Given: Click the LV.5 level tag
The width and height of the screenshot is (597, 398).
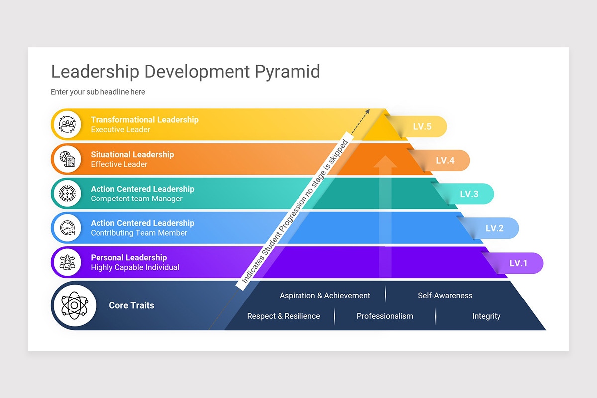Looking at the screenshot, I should [x=422, y=127].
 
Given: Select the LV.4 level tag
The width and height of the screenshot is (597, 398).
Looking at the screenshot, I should [x=445, y=161].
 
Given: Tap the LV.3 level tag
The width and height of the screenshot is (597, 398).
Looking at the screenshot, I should [x=469, y=194].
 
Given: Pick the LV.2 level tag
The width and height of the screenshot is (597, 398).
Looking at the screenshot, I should [x=495, y=228].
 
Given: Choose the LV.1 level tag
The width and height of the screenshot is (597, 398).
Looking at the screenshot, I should [x=518, y=263].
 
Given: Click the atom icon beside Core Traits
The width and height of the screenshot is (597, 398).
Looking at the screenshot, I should [x=74, y=305].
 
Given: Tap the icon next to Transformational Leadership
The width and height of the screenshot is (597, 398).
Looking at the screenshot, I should [x=67, y=124].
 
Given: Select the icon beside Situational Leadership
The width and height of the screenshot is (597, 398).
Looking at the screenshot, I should [x=67, y=159].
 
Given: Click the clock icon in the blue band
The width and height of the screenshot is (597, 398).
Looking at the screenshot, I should [x=67, y=228].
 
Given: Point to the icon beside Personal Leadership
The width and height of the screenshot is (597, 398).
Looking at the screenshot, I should [x=67, y=262].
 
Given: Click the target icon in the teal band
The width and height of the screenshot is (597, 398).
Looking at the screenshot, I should [x=67, y=194].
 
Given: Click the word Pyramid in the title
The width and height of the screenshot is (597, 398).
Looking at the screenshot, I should [x=288, y=72].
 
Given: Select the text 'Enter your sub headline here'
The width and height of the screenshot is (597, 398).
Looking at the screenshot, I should [x=98, y=92].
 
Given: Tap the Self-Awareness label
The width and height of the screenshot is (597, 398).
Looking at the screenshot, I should [x=445, y=296].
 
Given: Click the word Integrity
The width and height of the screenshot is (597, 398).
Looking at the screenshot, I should [x=486, y=316].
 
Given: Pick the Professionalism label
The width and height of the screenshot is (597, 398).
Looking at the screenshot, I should [x=385, y=316].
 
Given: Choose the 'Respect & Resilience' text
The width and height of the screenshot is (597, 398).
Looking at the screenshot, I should [x=284, y=316].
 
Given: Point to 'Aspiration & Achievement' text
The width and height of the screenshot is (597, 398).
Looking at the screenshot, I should [x=324, y=296].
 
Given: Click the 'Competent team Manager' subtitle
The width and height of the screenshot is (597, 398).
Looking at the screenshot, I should [x=136, y=199].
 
